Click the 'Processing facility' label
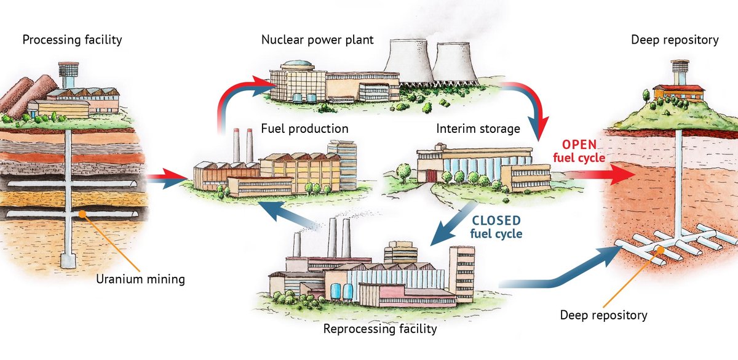click(72, 40)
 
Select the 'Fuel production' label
click(304, 129)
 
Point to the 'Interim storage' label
click(478, 129)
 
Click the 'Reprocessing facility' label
click(379, 329)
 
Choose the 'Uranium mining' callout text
click(140, 279)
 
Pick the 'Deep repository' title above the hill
click(675, 40)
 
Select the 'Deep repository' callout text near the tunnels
click(603, 315)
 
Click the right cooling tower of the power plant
click(455, 65)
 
